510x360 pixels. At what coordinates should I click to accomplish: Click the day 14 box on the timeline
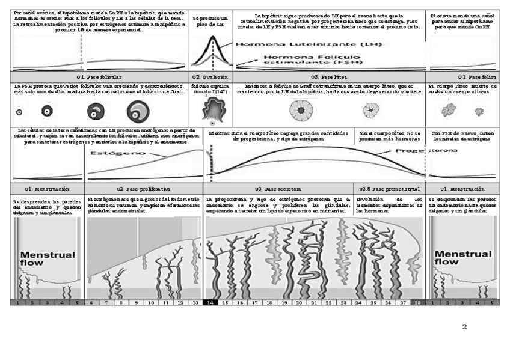point(210,302)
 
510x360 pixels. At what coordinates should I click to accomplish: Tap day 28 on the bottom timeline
point(417,302)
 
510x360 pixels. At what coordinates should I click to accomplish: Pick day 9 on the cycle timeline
point(137,302)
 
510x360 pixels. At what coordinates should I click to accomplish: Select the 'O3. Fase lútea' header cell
point(328,77)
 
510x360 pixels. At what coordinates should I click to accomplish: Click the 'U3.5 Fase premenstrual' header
point(389,188)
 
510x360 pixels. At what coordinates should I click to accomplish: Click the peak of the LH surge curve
point(211,37)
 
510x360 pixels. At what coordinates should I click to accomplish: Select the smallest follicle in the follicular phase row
point(19,112)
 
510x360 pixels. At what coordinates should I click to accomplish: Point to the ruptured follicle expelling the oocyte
point(212,112)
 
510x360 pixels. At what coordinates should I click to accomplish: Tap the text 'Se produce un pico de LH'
point(210,22)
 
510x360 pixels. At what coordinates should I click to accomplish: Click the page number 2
point(464,328)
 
